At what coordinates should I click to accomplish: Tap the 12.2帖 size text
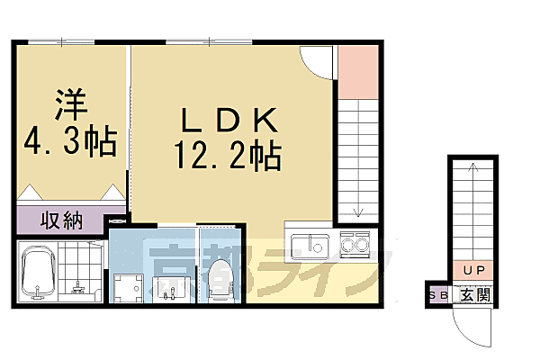click(232, 159)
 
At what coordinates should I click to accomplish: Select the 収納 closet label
click(61, 220)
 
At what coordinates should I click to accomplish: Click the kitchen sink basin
click(313, 244)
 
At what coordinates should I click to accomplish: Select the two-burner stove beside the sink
click(356, 243)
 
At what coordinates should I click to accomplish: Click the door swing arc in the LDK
click(316, 58)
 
